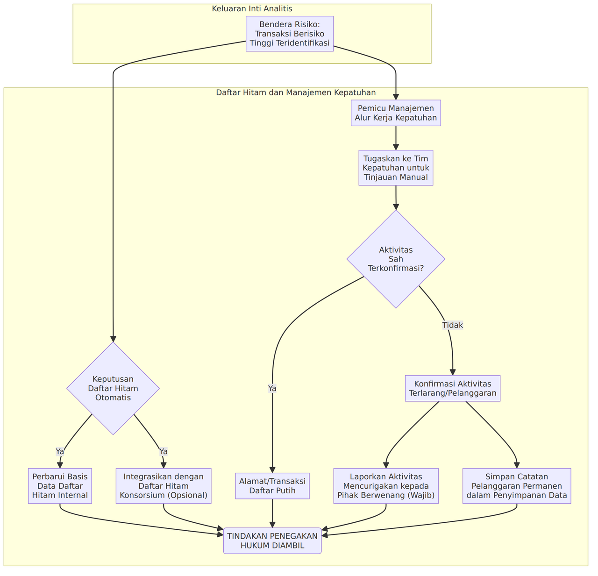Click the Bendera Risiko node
[x=290, y=34]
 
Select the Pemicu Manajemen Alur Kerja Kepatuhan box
[x=396, y=113]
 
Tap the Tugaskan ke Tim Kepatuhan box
[x=396, y=168]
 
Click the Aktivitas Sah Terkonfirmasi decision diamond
[x=396, y=259]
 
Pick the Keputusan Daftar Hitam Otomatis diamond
[x=113, y=388]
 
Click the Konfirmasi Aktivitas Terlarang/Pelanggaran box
[x=452, y=388]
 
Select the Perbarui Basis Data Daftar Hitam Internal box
[x=60, y=486]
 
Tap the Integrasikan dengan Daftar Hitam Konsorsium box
[x=164, y=486]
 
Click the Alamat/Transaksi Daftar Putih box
[x=272, y=486]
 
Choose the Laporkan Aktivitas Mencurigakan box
[x=386, y=486]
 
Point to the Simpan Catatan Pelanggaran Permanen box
[x=517, y=486]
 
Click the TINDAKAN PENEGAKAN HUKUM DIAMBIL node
[x=272, y=540]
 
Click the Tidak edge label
[x=452, y=325]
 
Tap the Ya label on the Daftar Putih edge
[x=272, y=388]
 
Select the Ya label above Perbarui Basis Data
[x=60, y=452]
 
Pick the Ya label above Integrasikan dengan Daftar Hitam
[x=163, y=452]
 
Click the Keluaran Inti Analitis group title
[x=252, y=8]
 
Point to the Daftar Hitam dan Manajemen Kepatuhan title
[x=296, y=92]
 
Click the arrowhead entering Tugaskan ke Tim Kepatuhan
[x=396, y=147]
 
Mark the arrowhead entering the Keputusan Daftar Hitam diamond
[x=113, y=339]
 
